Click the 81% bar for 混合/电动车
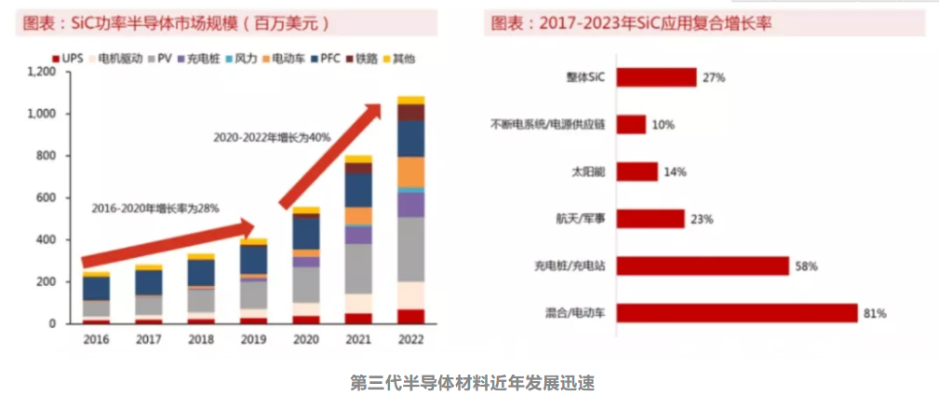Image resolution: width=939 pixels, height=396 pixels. click(735, 313)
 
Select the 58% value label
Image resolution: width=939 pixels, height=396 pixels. click(805, 266)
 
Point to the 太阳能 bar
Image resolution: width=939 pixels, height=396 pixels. click(637, 171)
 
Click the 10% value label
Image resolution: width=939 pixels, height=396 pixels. click(664, 125)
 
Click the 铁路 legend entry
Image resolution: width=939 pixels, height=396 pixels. click(366, 59)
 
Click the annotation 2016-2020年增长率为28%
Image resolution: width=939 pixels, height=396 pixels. click(154, 209)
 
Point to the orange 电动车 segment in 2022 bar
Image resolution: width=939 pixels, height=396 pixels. click(410, 171)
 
